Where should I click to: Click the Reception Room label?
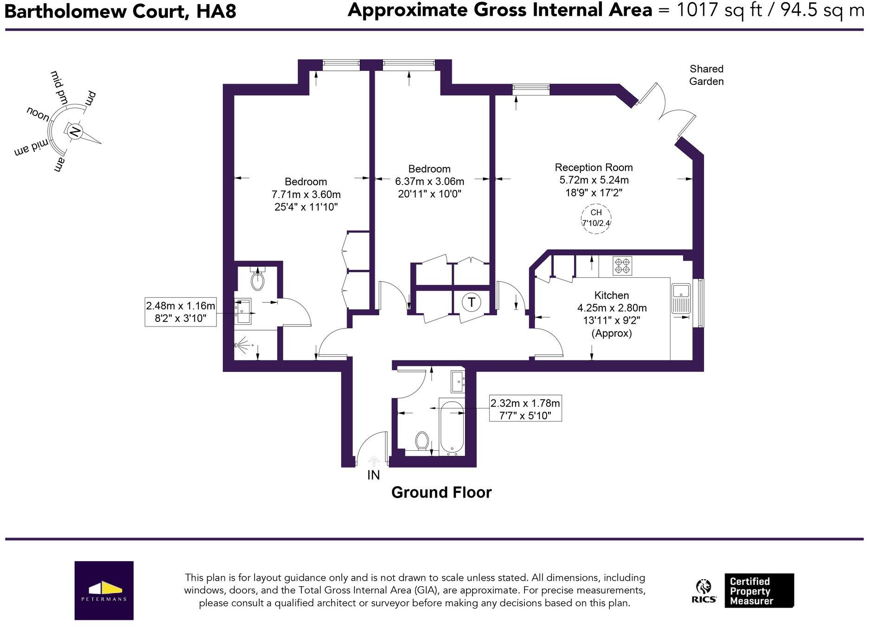pyautogui.click(x=594, y=167)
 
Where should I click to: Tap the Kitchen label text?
pyautogui.click(x=612, y=295)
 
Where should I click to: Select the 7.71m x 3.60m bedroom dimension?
pyautogui.click(x=306, y=194)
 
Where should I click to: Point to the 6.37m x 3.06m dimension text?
pyautogui.click(x=429, y=181)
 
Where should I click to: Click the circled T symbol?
pyautogui.click(x=471, y=302)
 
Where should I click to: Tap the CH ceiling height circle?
pyautogui.click(x=596, y=218)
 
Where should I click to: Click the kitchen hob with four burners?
pyautogui.click(x=622, y=266)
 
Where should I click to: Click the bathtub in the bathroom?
pyautogui.click(x=452, y=427)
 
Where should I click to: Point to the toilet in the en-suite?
pyautogui.click(x=257, y=280)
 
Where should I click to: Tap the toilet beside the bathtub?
pyautogui.click(x=422, y=440)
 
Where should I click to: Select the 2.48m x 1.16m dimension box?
pyautogui.click(x=180, y=312)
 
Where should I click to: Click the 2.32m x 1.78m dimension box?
pyautogui.click(x=525, y=409)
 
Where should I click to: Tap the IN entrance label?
pyautogui.click(x=373, y=475)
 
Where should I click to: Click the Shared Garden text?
pyautogui.click(x=706, y=75)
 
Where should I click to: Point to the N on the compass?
pyautogui.click(x=74, y=132)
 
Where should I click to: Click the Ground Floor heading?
pyautogui.click(x=441, y=493)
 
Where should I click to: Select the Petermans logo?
pyautogui.click(x=104, y=590)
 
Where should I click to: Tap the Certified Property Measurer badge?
pyautogui.click(x=759, y=591)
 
